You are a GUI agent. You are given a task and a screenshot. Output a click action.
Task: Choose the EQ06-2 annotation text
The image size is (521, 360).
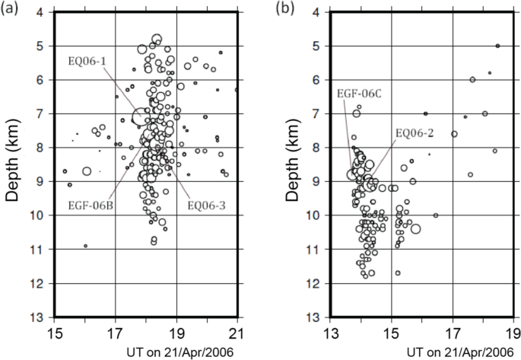(415, 132)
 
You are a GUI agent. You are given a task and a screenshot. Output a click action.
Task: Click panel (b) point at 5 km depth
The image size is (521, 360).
(497, 46)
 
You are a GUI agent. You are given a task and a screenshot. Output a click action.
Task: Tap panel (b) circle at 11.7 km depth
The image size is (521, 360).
(398, 272)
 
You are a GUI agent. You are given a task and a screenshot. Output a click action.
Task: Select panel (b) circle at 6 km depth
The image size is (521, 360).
(472, 79)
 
